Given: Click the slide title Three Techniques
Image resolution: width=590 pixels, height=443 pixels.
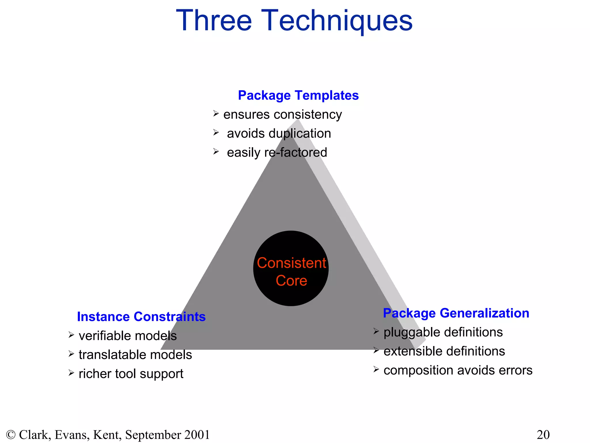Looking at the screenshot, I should (x=294, y=21).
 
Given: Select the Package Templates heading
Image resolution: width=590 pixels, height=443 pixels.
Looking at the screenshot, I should (x=298, y=95).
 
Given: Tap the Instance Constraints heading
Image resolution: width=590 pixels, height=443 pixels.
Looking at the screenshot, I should (x=141, y=317).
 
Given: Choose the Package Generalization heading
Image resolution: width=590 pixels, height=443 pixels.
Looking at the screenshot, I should (x=456, y=313).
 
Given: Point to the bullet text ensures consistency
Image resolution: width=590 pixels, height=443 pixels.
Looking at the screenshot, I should (x=282, y=114).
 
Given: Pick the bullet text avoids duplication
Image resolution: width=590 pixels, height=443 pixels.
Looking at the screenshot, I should (x=279, y=134).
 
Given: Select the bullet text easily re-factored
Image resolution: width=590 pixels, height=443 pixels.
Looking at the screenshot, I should (x=277, y=153).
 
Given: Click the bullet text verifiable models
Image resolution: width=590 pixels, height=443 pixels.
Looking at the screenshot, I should (x=128, y=336).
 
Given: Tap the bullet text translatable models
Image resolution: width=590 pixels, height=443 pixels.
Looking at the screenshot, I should (x=135, y=355).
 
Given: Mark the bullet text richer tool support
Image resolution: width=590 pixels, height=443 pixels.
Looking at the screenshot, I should (x=131, y=374).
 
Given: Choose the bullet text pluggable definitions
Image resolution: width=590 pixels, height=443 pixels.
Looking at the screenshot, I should (x=443, y=332).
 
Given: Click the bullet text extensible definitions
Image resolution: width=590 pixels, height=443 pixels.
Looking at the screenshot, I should (x=444, y=351).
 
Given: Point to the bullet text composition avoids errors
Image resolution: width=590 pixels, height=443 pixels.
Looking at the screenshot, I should (x=458, y=370).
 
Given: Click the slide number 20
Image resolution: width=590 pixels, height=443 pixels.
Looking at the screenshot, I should (x=543, y=435).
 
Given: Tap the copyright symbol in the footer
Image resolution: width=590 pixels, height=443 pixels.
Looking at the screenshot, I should (x=11, y=435).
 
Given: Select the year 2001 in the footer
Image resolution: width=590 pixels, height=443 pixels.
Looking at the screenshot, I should (x=197, y=435).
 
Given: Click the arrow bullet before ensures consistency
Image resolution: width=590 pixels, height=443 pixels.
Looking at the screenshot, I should (x=216, y=113).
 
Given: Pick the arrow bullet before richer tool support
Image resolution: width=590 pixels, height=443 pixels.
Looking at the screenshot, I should (x=71, y=373).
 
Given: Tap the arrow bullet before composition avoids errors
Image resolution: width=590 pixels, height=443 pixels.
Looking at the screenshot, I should (x=376, y=369).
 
